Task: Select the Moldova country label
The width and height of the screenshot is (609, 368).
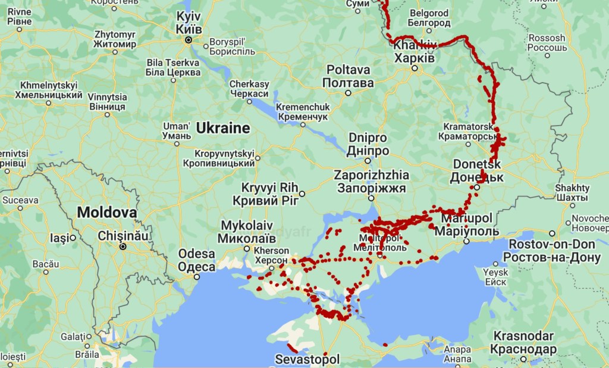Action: point(107,213)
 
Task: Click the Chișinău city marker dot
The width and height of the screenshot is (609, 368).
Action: point(123,246)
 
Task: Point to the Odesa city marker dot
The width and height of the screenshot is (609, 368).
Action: point(196,277)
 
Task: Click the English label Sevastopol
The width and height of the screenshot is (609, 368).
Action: point(307,359)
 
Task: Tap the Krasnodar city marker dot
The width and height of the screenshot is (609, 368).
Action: point(523,359)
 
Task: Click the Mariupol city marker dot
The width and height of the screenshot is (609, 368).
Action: point(466,241)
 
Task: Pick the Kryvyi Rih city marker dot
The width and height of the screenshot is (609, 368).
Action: point(302,194)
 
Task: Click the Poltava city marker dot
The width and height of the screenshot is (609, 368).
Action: point(349,93)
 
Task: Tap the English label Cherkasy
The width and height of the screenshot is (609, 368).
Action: point(249,85)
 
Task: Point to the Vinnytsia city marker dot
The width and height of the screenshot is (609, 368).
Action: point(108,114)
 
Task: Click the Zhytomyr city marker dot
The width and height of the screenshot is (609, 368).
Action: point(115,52)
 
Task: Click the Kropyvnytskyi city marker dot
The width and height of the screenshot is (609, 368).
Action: point(258,158)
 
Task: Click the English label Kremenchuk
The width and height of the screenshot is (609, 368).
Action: point(302,107)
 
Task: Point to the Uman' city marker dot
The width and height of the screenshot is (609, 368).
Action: point(178,144)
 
